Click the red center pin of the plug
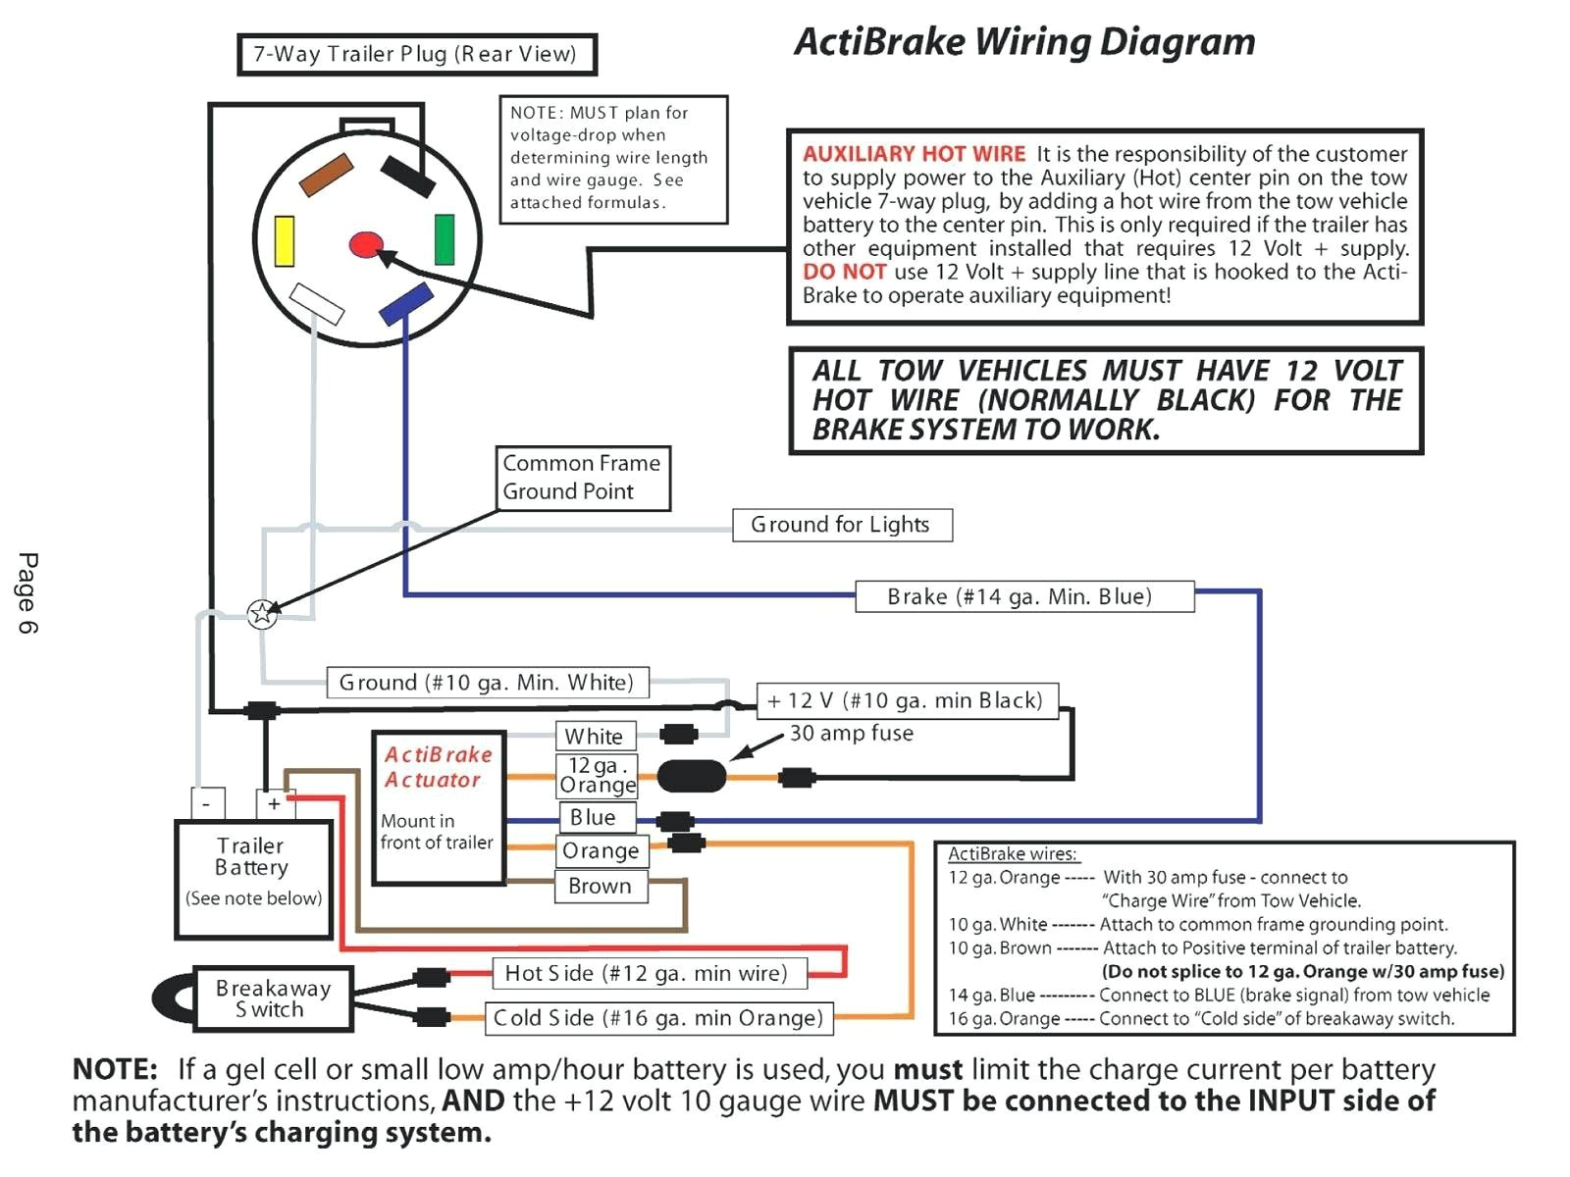[366, 244]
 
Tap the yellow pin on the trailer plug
[285, 241]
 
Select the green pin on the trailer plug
[445, 239]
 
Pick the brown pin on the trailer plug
[326, 175]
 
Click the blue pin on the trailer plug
[406, 303]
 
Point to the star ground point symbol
[262, 614]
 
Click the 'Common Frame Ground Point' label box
[583, 478]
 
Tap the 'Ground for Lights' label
[841, 525]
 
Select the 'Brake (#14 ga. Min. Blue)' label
[1023, 596]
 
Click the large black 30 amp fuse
[692, 777]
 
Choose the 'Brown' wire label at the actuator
[600, 886]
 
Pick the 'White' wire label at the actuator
[594, 736]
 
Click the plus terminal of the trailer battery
[274, 803]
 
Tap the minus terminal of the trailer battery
[207, 803]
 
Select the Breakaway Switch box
[273, 999]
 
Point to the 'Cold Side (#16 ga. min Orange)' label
[658, 1018]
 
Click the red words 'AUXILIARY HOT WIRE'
[914, 154]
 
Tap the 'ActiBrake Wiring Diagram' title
[1024, 42]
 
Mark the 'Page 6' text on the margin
[27, 593]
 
